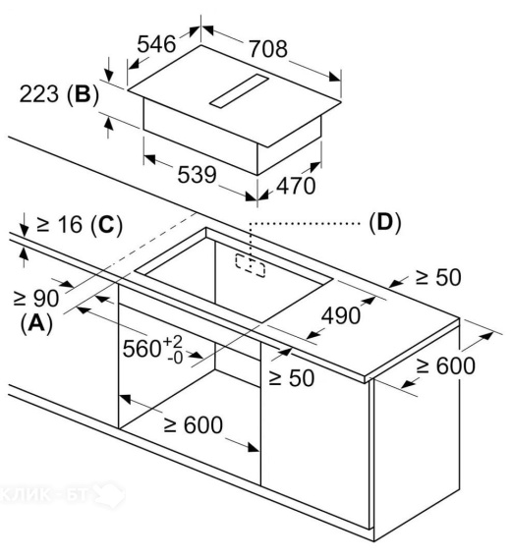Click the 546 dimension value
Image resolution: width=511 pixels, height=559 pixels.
156,44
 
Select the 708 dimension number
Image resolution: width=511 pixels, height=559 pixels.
268,49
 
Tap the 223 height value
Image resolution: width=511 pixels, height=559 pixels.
39,94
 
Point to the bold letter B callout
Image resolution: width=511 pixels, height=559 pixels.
82,94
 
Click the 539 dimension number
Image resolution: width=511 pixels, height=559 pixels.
198,174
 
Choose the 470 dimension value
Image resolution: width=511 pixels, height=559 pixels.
296,186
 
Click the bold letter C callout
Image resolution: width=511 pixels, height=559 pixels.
106,225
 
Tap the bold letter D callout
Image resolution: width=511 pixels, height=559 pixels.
385,222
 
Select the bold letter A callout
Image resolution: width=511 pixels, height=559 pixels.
36,323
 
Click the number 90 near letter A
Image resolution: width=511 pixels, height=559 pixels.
46,298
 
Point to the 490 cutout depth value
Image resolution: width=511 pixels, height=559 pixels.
341,315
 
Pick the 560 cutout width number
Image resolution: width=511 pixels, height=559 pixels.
142,349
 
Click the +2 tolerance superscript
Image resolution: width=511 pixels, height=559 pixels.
173,342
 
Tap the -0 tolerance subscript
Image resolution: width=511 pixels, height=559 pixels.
175,358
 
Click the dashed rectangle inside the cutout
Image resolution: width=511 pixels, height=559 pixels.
251,265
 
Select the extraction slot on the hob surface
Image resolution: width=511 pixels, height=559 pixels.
239,91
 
